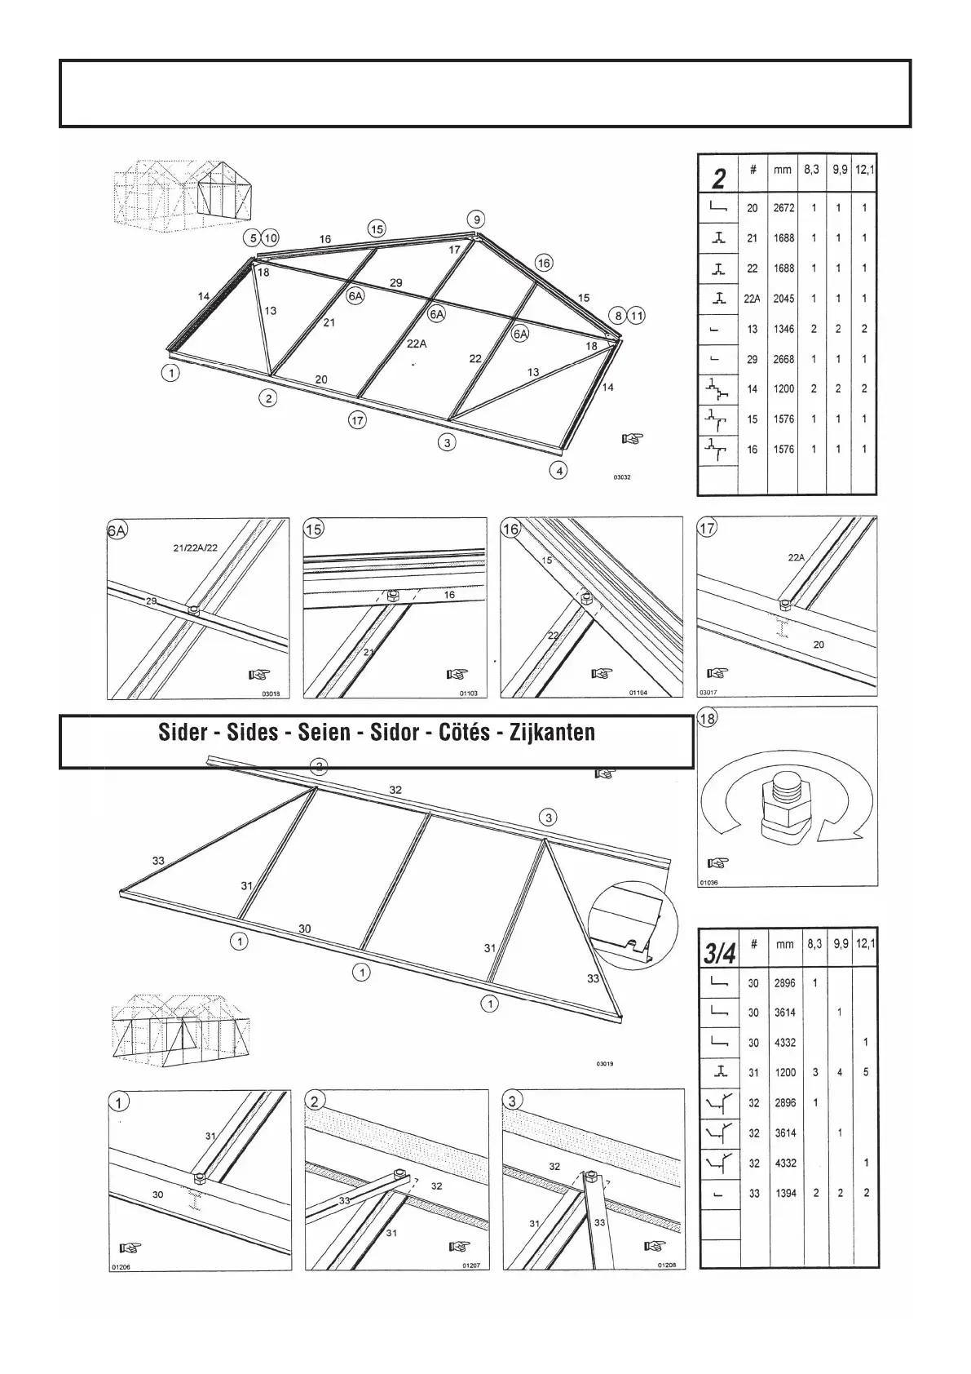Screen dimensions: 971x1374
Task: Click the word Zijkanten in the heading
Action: (x=552, y=733)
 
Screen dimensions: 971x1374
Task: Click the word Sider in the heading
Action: (x=183, y=733)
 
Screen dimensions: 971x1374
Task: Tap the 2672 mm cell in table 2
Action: (x=783, y=208)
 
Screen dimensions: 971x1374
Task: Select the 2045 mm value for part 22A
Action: (x=783, y=299)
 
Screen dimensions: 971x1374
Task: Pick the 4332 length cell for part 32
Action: (x=785, y=1163)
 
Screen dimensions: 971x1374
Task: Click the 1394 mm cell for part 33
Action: (x=785, y=1193)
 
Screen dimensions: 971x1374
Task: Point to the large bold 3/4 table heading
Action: (x=721, y=952)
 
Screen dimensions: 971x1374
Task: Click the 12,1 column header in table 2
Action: (x=865, y=171)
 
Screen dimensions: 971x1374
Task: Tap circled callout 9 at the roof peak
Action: (x=477, y=219)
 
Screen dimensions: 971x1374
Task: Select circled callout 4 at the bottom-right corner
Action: (x=558, y=471)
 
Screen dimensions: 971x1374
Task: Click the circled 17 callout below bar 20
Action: (x=357, y=420)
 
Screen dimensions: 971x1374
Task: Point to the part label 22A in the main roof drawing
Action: (x=417, y=343)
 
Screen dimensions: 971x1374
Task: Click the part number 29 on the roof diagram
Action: (x=395, y=283)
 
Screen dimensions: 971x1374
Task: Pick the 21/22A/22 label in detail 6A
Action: (x=196, y=547)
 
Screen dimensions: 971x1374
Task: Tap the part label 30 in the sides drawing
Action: (x=304, y=929)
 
